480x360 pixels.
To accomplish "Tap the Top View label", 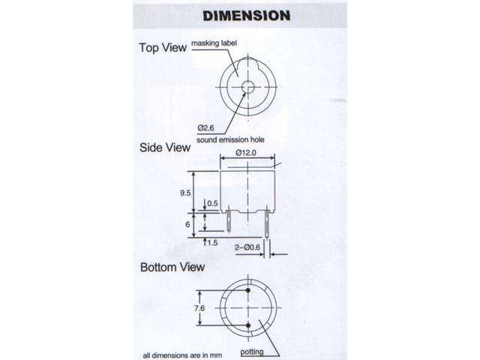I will pos(162,48).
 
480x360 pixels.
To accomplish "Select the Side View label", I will pos(165,148).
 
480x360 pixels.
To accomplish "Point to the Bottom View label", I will pos(172,267).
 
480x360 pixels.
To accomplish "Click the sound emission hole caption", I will pos(229,139).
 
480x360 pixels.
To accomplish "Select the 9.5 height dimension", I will pos(184,191).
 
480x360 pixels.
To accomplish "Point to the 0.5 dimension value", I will pos(211,203).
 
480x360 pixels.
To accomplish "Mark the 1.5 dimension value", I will pos(212,243).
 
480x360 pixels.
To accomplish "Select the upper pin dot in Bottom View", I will pos(248,291).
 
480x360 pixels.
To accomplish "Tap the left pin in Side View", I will pos(228,223).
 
